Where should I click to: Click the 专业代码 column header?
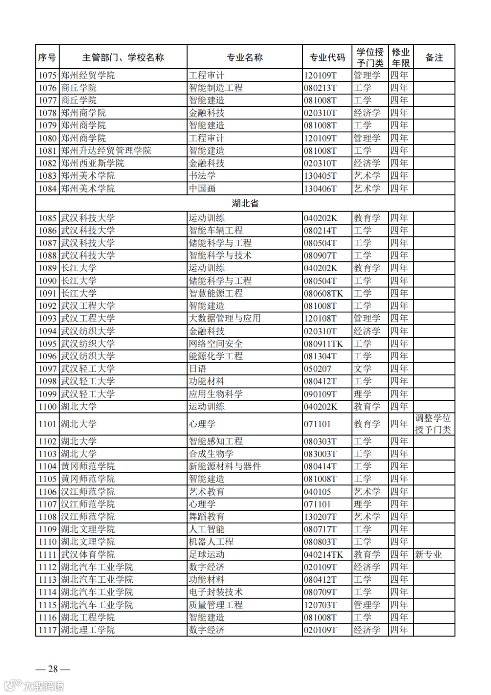(327, 57)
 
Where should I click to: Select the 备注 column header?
(434, 57)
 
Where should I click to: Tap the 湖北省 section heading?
(245, 203)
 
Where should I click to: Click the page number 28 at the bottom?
(53, 669)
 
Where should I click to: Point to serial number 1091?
(47, 293)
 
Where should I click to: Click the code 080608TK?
(324, 293)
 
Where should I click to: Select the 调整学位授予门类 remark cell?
(433, 424)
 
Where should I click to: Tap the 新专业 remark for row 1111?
(428, 554)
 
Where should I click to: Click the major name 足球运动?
(207, 554)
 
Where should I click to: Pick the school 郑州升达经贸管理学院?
(106, 151)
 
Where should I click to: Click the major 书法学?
(202, 176)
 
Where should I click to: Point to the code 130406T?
(321, 188)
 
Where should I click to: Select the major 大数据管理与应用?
(225, 318)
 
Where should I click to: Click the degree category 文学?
(362, 369)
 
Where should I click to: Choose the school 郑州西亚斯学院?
(92, 163)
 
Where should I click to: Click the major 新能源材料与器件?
(225, 466)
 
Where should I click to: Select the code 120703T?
(321, 605)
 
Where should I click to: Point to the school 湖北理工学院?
(88, 630)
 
